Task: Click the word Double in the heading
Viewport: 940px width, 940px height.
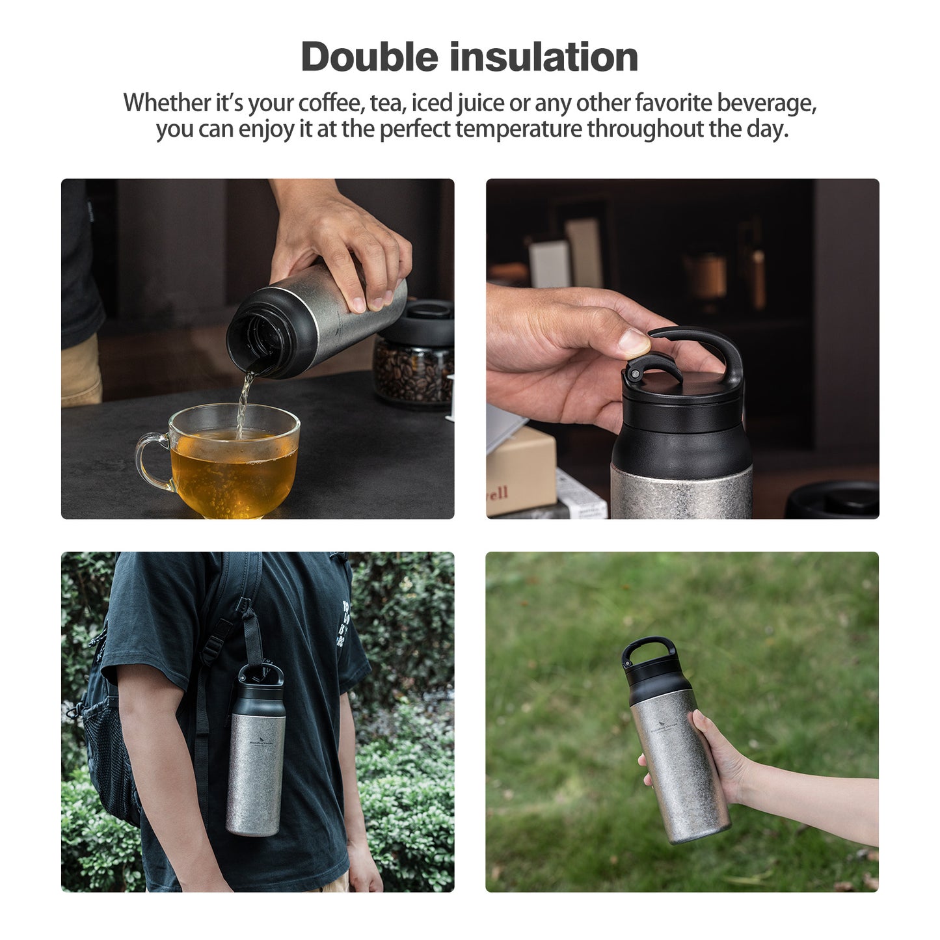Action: click(369, 57)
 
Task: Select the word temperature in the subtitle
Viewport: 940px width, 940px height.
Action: click(518, 129)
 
